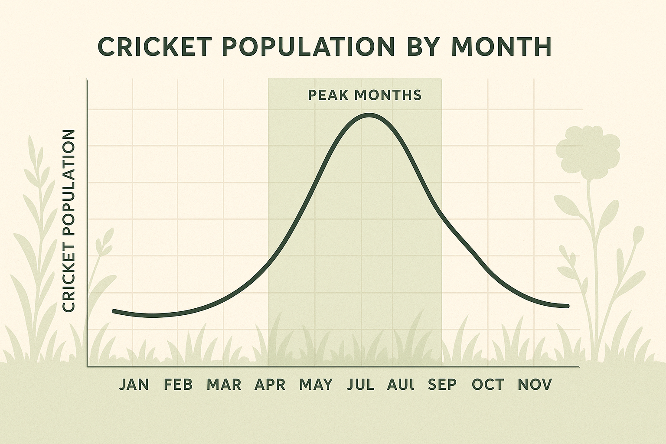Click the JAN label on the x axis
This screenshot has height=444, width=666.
click(134, 385)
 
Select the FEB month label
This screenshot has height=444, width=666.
click(178, 385)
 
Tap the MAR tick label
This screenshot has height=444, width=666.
click(224, 385)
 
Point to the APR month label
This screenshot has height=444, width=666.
click(270, 385)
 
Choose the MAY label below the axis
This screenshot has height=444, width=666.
click(316, 385)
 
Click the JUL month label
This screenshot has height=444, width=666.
click(360, 385)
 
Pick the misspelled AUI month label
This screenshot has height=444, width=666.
click(401, 385)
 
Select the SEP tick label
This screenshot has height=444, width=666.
click(442, 385)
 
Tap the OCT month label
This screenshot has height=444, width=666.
click(488, 385)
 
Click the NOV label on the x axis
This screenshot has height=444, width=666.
click(535, 385)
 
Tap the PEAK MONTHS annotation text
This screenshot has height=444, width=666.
click(364, 95)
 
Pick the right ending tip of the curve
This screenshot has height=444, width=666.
click(567, 307)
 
